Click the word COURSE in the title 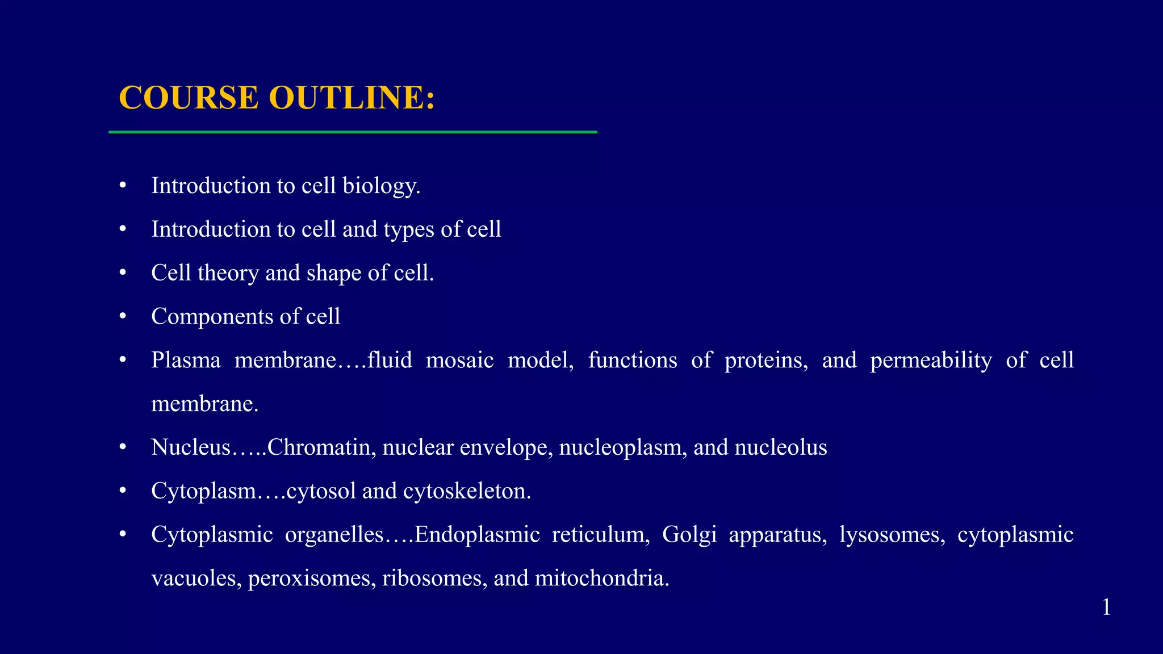click(189, 98)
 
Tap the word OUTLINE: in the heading click(352, 98)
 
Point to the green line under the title click(353, 132)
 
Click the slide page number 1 click(1106, 607)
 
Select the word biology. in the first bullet click(381, 186)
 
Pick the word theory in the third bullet click(228, 273)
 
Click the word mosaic click(459, 360)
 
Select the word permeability click(931, 360)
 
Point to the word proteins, click(766, 360)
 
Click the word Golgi click(689, 535)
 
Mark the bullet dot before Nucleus click(123, 447)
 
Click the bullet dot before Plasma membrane click(123, 360)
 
